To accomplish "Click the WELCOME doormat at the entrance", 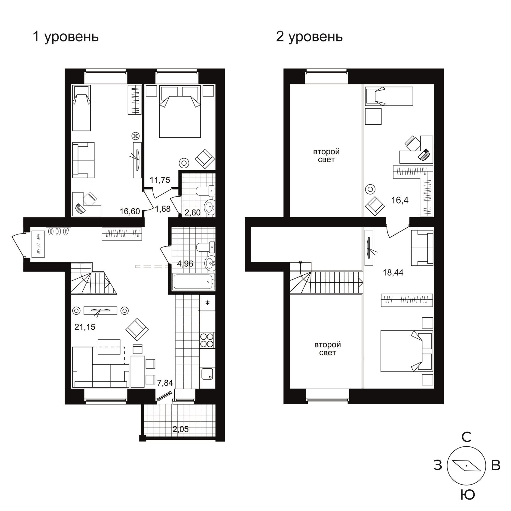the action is (x=38, y=244).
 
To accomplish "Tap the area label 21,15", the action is (x=85, y=327).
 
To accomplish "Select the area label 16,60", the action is (x=130, y=211).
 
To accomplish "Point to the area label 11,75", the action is (x=160, y=180).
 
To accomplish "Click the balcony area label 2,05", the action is (x=181, y=429).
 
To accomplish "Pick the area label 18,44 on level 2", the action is (x=393, y=273).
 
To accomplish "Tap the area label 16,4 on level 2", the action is (x=400, y=200).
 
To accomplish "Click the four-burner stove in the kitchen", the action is (x=207, y=340).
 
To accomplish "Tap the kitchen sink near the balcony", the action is (x=207, y=373).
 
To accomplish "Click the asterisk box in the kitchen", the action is (x=207, y=303).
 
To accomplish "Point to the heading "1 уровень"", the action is (x=66, y=37).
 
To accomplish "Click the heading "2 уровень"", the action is (x=309, y=37).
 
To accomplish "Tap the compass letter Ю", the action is (x=467, y=495).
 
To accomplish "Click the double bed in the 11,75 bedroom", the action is (x=180, y=112).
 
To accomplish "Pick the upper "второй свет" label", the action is (x=326, y=155).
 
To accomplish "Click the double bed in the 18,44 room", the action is (x=407, y=351).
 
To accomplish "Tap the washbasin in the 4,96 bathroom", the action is (x=210, y=263).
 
